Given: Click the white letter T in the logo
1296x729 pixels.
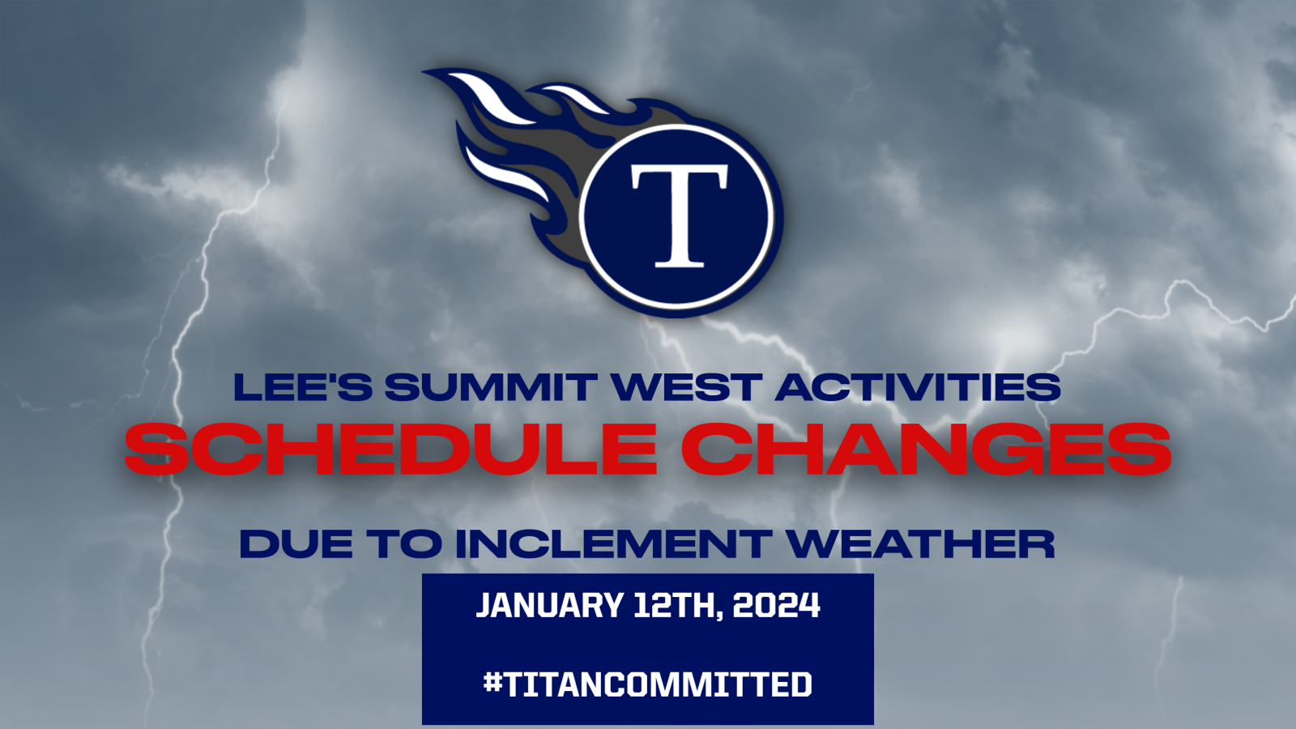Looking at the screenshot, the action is click(679, 215).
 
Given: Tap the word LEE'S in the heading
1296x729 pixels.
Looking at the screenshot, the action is click(303, 387).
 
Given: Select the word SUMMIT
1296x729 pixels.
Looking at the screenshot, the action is click(491, 387).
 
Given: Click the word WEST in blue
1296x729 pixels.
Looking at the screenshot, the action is click(684, 387).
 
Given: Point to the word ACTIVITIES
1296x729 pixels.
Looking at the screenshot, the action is click(917, 387).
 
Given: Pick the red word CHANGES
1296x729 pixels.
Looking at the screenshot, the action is click(927, 449).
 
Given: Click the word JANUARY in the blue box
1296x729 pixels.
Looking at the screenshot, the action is click(549, 605).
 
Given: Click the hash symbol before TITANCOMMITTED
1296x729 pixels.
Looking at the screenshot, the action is click(493, 684).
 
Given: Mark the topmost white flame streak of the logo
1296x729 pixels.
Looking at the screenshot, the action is click(492, 97).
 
